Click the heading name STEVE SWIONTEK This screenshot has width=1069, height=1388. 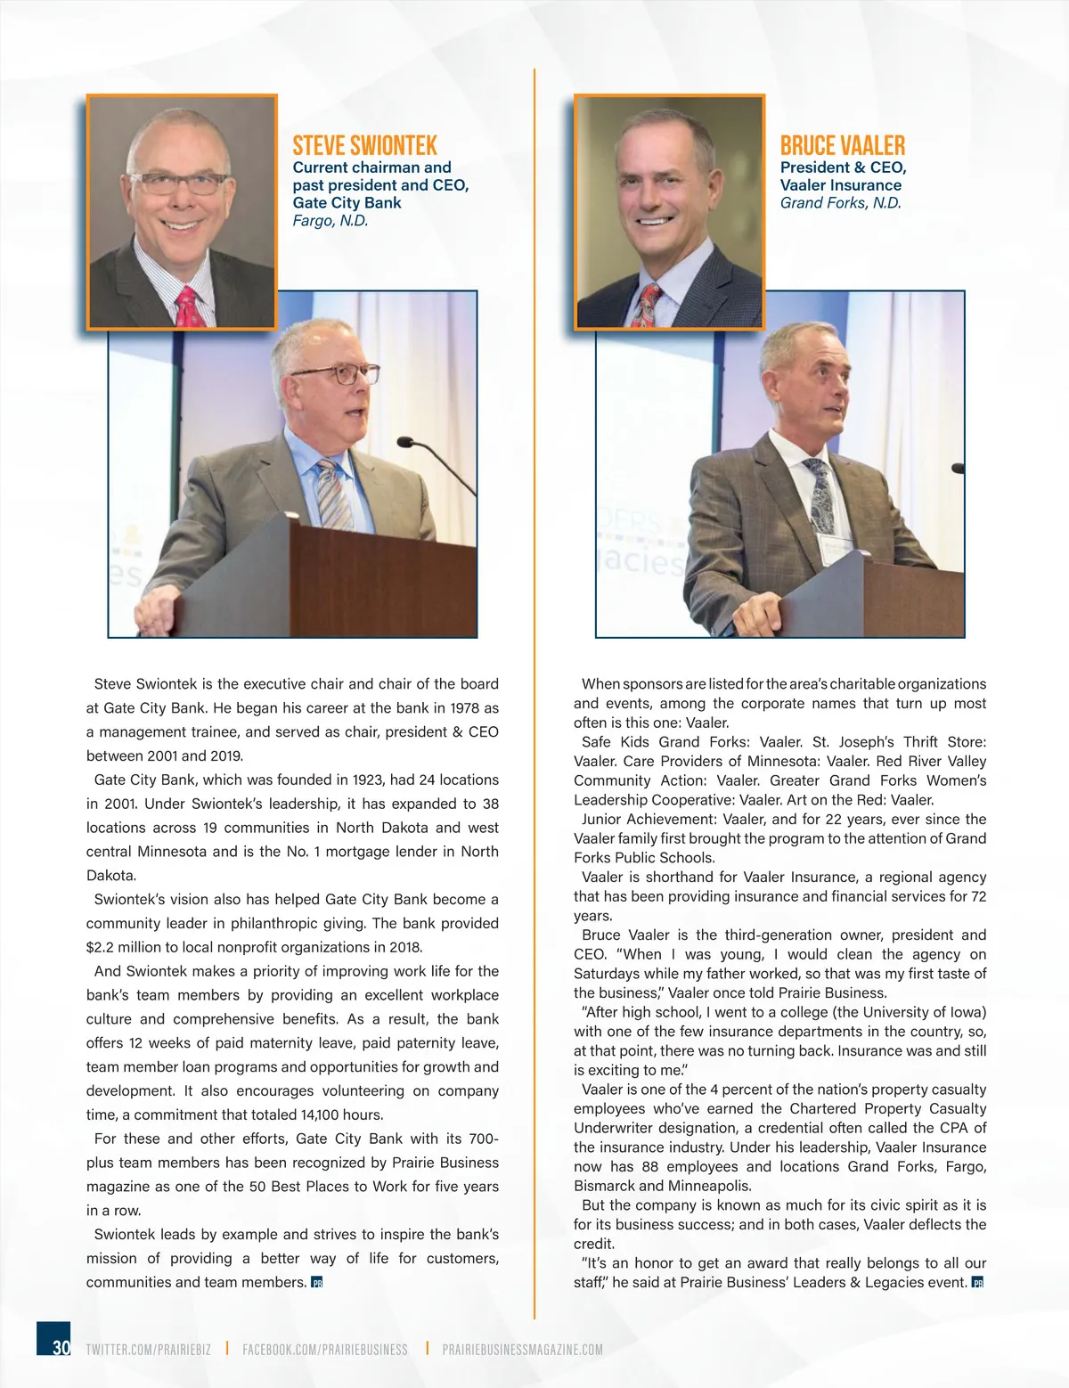click(364, 145)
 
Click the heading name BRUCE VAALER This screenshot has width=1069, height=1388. click(842, 145)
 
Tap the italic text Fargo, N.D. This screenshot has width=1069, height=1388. click(330, 220)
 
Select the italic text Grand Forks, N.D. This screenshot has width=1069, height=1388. click(840, 202)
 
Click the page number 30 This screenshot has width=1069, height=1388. click(61, 1347)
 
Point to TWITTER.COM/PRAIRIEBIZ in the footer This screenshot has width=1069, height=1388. click(148, 1350)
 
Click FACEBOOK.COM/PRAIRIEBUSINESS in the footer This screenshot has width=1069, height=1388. click(324, 1350)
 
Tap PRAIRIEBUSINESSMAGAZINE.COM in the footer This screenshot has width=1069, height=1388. click(522, 1350)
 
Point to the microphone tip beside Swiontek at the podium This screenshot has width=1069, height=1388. click(404, 441)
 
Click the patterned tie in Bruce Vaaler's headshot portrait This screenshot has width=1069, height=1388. click(649, 305)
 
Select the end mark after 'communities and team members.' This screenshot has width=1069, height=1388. click(316, 1283)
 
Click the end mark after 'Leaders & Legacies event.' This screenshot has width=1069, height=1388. click(977, 1283)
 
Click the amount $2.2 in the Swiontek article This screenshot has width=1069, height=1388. click(100, 947)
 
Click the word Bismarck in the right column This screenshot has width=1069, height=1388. click(604, 1186)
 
